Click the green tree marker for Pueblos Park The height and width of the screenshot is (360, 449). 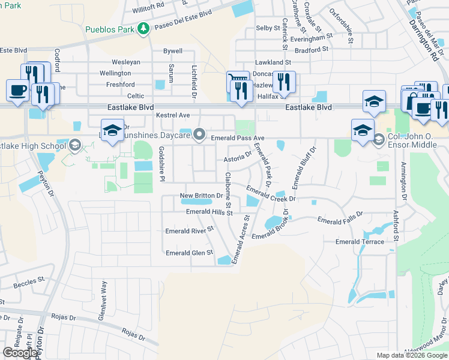coord(143,28)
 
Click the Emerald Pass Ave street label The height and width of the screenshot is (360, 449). coord(238,138)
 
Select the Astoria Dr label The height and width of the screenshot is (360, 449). coord(237,156)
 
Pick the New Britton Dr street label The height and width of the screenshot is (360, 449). coord(202,196)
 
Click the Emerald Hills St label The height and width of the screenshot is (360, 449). coord(209,212)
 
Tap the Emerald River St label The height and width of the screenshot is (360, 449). coord(190,230)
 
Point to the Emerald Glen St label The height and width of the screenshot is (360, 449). coord(189,253)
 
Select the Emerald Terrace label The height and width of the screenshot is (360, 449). coord(360,241)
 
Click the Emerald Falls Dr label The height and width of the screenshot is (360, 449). coord(340,217)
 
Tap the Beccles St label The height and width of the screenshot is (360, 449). coord(30,280)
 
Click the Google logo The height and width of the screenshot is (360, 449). coord(20,353)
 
